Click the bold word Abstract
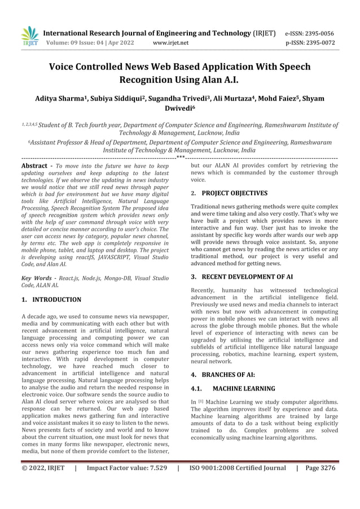(x=34, y=166)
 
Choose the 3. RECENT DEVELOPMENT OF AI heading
(x=242, y=277)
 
